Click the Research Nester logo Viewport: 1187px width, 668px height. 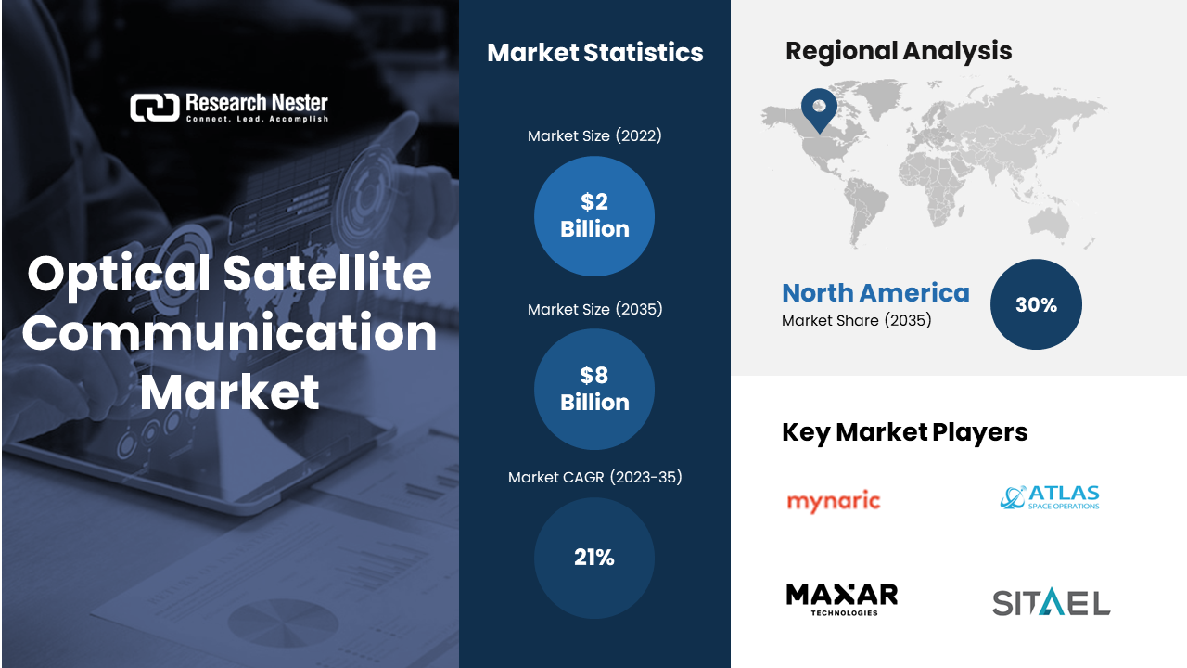(x=229, y=108)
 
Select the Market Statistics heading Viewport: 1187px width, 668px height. (x=594, y=53)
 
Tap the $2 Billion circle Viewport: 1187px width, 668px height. (x=594, y=216)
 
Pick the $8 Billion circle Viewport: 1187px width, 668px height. (x=594, y=389)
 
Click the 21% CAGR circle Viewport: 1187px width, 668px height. (x=594, y=558)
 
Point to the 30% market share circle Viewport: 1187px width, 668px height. (x=1036, y=304)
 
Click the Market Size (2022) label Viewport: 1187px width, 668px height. (x=594, y=136)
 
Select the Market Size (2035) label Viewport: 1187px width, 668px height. (x=594, y=309)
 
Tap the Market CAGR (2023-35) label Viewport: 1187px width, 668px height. (x=594, y=477)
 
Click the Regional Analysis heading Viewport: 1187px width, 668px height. (x=898, y=51)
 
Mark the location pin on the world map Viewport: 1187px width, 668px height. (x=819, y=109)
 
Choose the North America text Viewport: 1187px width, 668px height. (x=875, y=293)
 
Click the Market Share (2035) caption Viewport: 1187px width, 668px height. (x=856, y=321)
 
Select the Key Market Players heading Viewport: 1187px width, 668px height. (x=904, y=431)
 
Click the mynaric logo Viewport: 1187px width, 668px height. (x=833, y=502)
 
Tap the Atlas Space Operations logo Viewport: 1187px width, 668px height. (x=1050, y=497)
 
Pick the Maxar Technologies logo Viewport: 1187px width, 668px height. (x=842, y=599)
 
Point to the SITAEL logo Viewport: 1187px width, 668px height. (x=1051, y=603)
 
